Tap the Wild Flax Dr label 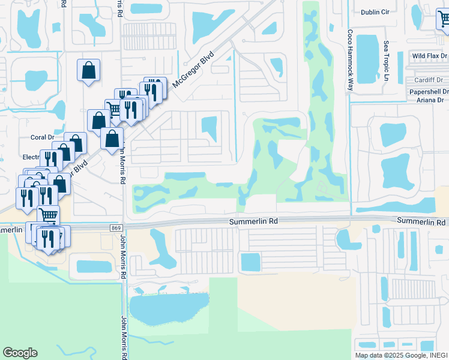(429, 56)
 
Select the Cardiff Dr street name (428, 80)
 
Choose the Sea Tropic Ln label (387, 62)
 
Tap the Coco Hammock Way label (349, 60)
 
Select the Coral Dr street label (42, 137)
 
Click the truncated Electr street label (30, 157)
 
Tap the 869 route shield (116, 228)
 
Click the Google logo (20, 353)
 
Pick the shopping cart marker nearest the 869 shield (48, 215)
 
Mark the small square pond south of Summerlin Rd (250, 262)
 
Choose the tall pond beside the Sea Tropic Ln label (368, 58)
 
